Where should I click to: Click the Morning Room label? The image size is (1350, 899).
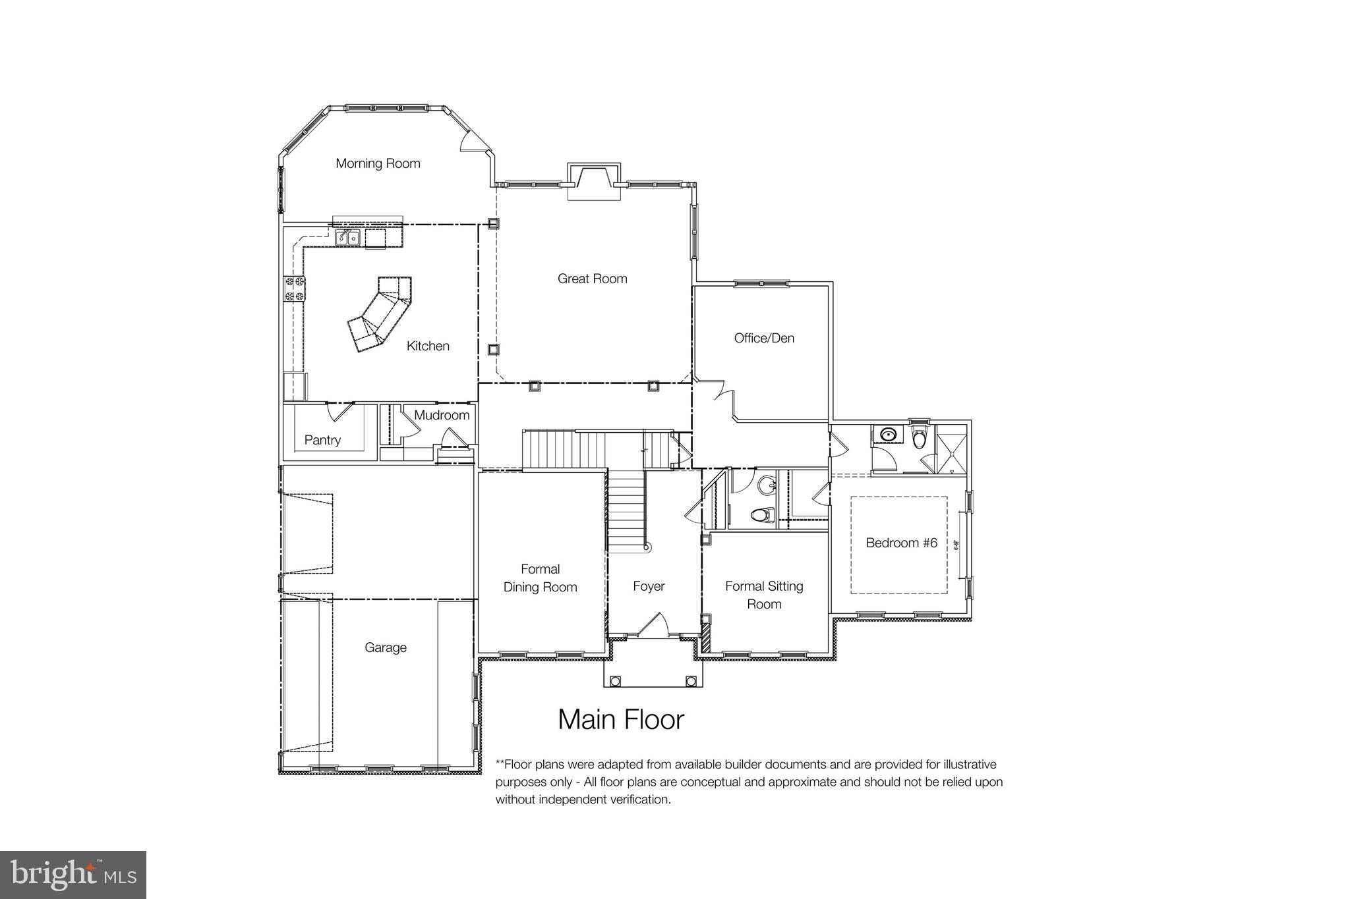click(x=378, y=163)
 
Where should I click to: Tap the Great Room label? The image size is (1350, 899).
click(x=592, y=279)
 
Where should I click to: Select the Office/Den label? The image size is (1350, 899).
click(x=764, y=338)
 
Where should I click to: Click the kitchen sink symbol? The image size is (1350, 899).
click(x=347, y=238)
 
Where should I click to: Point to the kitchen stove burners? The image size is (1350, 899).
click(x=294, y=289)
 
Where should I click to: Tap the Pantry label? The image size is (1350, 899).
click(x=322, y=440)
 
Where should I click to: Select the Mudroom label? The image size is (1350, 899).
click(x=442, y=415)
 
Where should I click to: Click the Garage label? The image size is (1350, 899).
click(x=386, y=647)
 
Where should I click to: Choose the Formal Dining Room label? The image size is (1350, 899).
click(x=540, y=578)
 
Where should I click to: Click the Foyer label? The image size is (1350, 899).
click(x=649, y=586)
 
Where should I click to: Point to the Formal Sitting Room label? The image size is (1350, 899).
click(x=764, y=595)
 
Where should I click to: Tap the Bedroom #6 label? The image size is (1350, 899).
click(x=901, y=543)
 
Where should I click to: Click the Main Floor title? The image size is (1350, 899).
click(x=621, y=719)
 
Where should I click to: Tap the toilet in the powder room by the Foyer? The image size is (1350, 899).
click(x=764, y=514)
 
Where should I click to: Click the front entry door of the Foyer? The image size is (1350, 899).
click(x=653, y=626)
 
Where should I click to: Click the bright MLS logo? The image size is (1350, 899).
click(x=73, y=875)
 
